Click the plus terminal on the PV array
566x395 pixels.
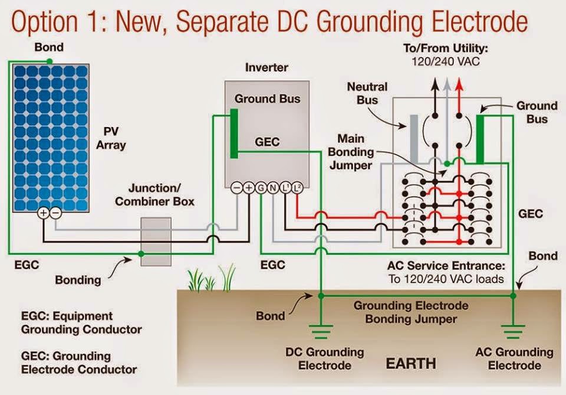coord(44,213)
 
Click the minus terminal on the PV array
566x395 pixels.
coord(55,213)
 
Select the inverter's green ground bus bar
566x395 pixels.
coord(233,133)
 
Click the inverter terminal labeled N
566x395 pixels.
coord(273,188)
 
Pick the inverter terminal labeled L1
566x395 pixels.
coord(285,188)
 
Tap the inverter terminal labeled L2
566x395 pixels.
coord(297,188)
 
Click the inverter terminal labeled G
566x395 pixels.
coord(261,188)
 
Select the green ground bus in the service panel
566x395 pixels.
coord(479,139)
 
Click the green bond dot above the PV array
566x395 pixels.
coord(50,61)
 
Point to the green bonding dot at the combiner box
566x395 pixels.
coord(141,253)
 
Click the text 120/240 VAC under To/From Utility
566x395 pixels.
coord(447,60)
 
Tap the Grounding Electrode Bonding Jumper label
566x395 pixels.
coord(410,312)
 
